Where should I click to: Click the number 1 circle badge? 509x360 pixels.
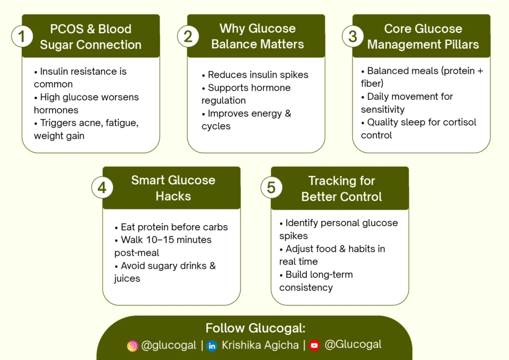22,36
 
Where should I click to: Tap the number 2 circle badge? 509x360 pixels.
188,36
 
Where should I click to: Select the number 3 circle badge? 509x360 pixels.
353,36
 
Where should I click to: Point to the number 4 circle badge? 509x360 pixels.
102,187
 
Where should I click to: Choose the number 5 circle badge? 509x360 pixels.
271,187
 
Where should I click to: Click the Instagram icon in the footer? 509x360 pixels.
132,346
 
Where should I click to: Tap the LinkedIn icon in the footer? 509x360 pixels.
212,346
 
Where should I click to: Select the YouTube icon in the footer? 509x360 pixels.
314,346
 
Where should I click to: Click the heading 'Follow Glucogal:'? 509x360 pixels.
255,328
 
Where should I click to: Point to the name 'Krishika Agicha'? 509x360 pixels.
260,345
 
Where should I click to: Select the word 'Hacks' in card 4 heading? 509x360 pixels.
173,196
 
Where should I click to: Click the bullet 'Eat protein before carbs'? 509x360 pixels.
171,227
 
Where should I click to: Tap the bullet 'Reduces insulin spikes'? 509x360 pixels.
255,75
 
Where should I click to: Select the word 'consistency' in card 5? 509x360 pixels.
306,287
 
